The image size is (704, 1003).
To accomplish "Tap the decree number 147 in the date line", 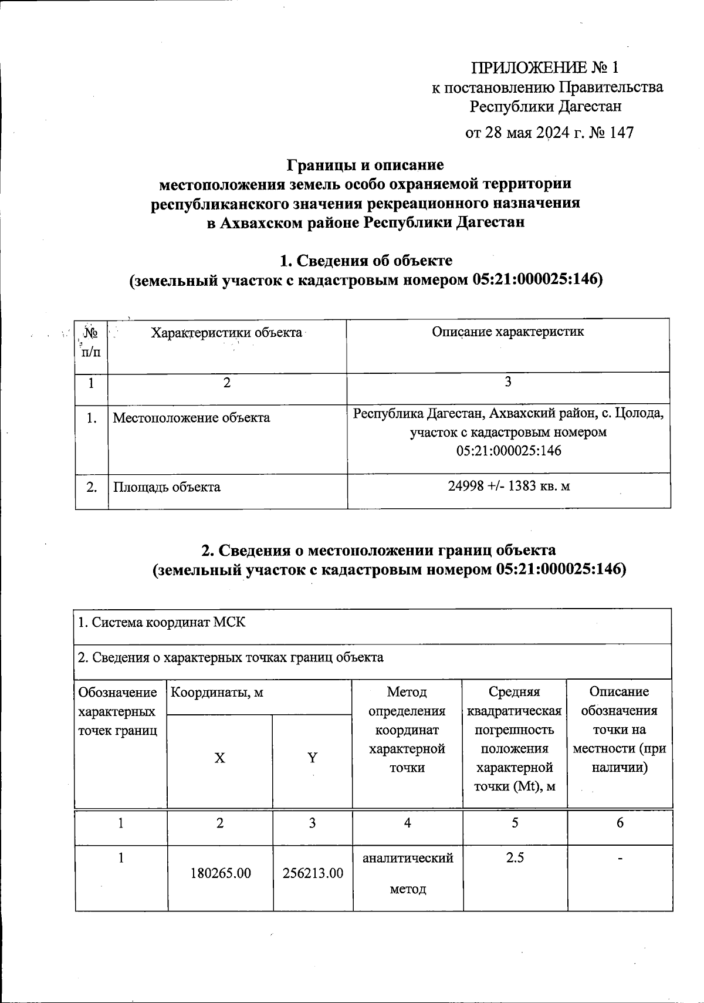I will pos(621,133).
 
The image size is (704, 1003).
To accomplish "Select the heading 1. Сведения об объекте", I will pos(365,260).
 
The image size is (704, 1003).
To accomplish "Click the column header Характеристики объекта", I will pos(226,333).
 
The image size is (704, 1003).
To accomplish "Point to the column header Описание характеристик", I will pos(508,332).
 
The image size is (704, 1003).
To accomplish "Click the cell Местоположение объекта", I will pos(191,418).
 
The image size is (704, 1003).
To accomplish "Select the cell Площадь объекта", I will pos(167,487).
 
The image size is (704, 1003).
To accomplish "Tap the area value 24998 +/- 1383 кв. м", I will pos(508,487).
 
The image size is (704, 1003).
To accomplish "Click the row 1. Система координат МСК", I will pos(162,623).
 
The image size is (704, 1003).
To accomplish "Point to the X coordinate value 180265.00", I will pos(220,873).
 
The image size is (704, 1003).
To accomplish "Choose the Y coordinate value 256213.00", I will pos(313,873).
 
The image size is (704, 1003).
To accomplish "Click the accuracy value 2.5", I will pos(515,858).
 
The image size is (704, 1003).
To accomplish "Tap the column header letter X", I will pos(219,758).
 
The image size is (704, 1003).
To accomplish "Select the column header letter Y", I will pos(313,758).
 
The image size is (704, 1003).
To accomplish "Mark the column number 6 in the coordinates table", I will pos(620,823).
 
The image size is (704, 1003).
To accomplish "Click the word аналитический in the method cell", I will pos(408,858).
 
